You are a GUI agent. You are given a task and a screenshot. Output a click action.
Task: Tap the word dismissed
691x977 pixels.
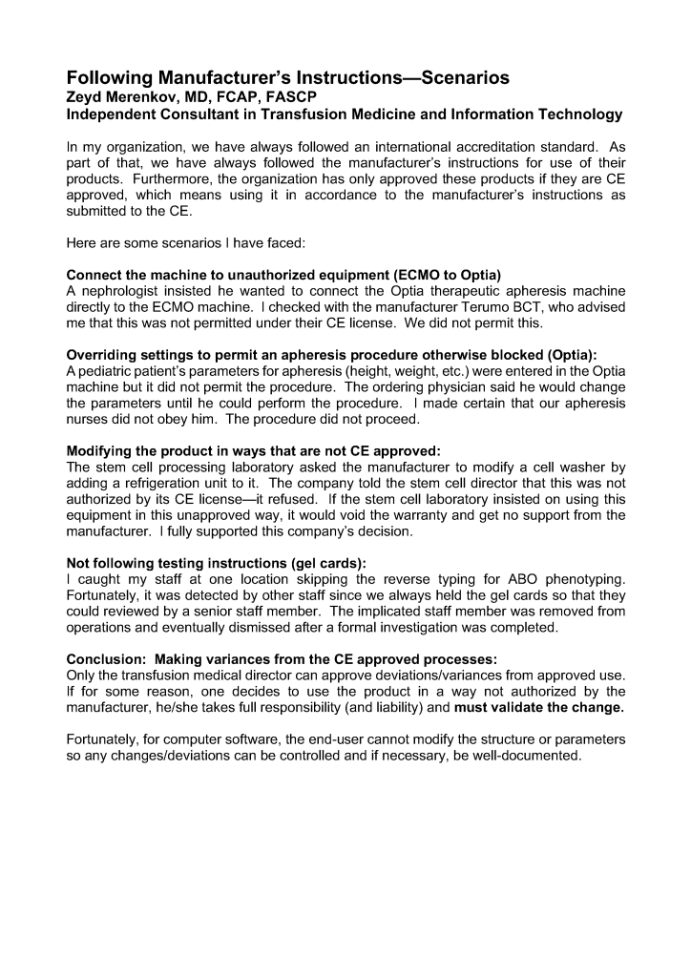coord(267,629)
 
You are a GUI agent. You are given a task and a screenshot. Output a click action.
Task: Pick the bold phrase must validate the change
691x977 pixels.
coord(539,708)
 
